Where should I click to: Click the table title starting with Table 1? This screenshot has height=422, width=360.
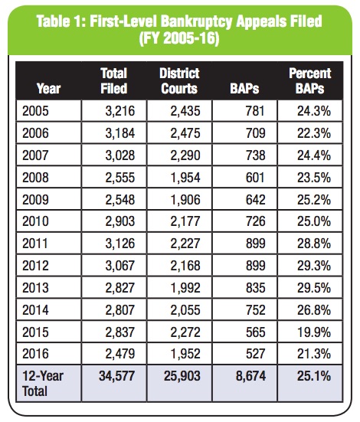pos(179,30)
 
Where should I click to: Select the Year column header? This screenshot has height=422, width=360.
pos(48,89)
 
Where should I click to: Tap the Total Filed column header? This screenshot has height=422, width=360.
pos(114,80)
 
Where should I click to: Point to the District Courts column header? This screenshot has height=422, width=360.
pos(179,80)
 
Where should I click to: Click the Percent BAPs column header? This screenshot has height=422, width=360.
pos(310,80)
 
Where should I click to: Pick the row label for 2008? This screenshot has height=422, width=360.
pos(35,178)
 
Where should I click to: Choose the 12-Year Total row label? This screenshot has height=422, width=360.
pos(43,384)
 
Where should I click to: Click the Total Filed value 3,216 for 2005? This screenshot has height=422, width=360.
pos(119,111)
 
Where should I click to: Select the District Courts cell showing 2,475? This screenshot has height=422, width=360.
pos(185,133)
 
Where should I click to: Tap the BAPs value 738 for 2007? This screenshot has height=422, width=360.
pos(255,155)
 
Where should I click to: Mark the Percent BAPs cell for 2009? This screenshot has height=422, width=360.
pos(314,200)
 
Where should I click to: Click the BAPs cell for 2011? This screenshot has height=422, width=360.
pos(255,244)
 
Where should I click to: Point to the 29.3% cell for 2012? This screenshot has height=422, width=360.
pos(314,266)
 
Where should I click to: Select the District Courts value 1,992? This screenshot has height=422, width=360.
pos(186,288)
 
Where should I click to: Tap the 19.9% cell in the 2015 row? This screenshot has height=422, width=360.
pos(315,332)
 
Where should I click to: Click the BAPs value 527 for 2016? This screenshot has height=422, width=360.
pos(255,354)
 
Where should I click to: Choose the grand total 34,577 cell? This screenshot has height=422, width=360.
pos(116,376)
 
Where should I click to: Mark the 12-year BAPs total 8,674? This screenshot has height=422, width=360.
pos(250,376)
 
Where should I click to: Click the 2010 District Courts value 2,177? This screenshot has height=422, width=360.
pos(185,221)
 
